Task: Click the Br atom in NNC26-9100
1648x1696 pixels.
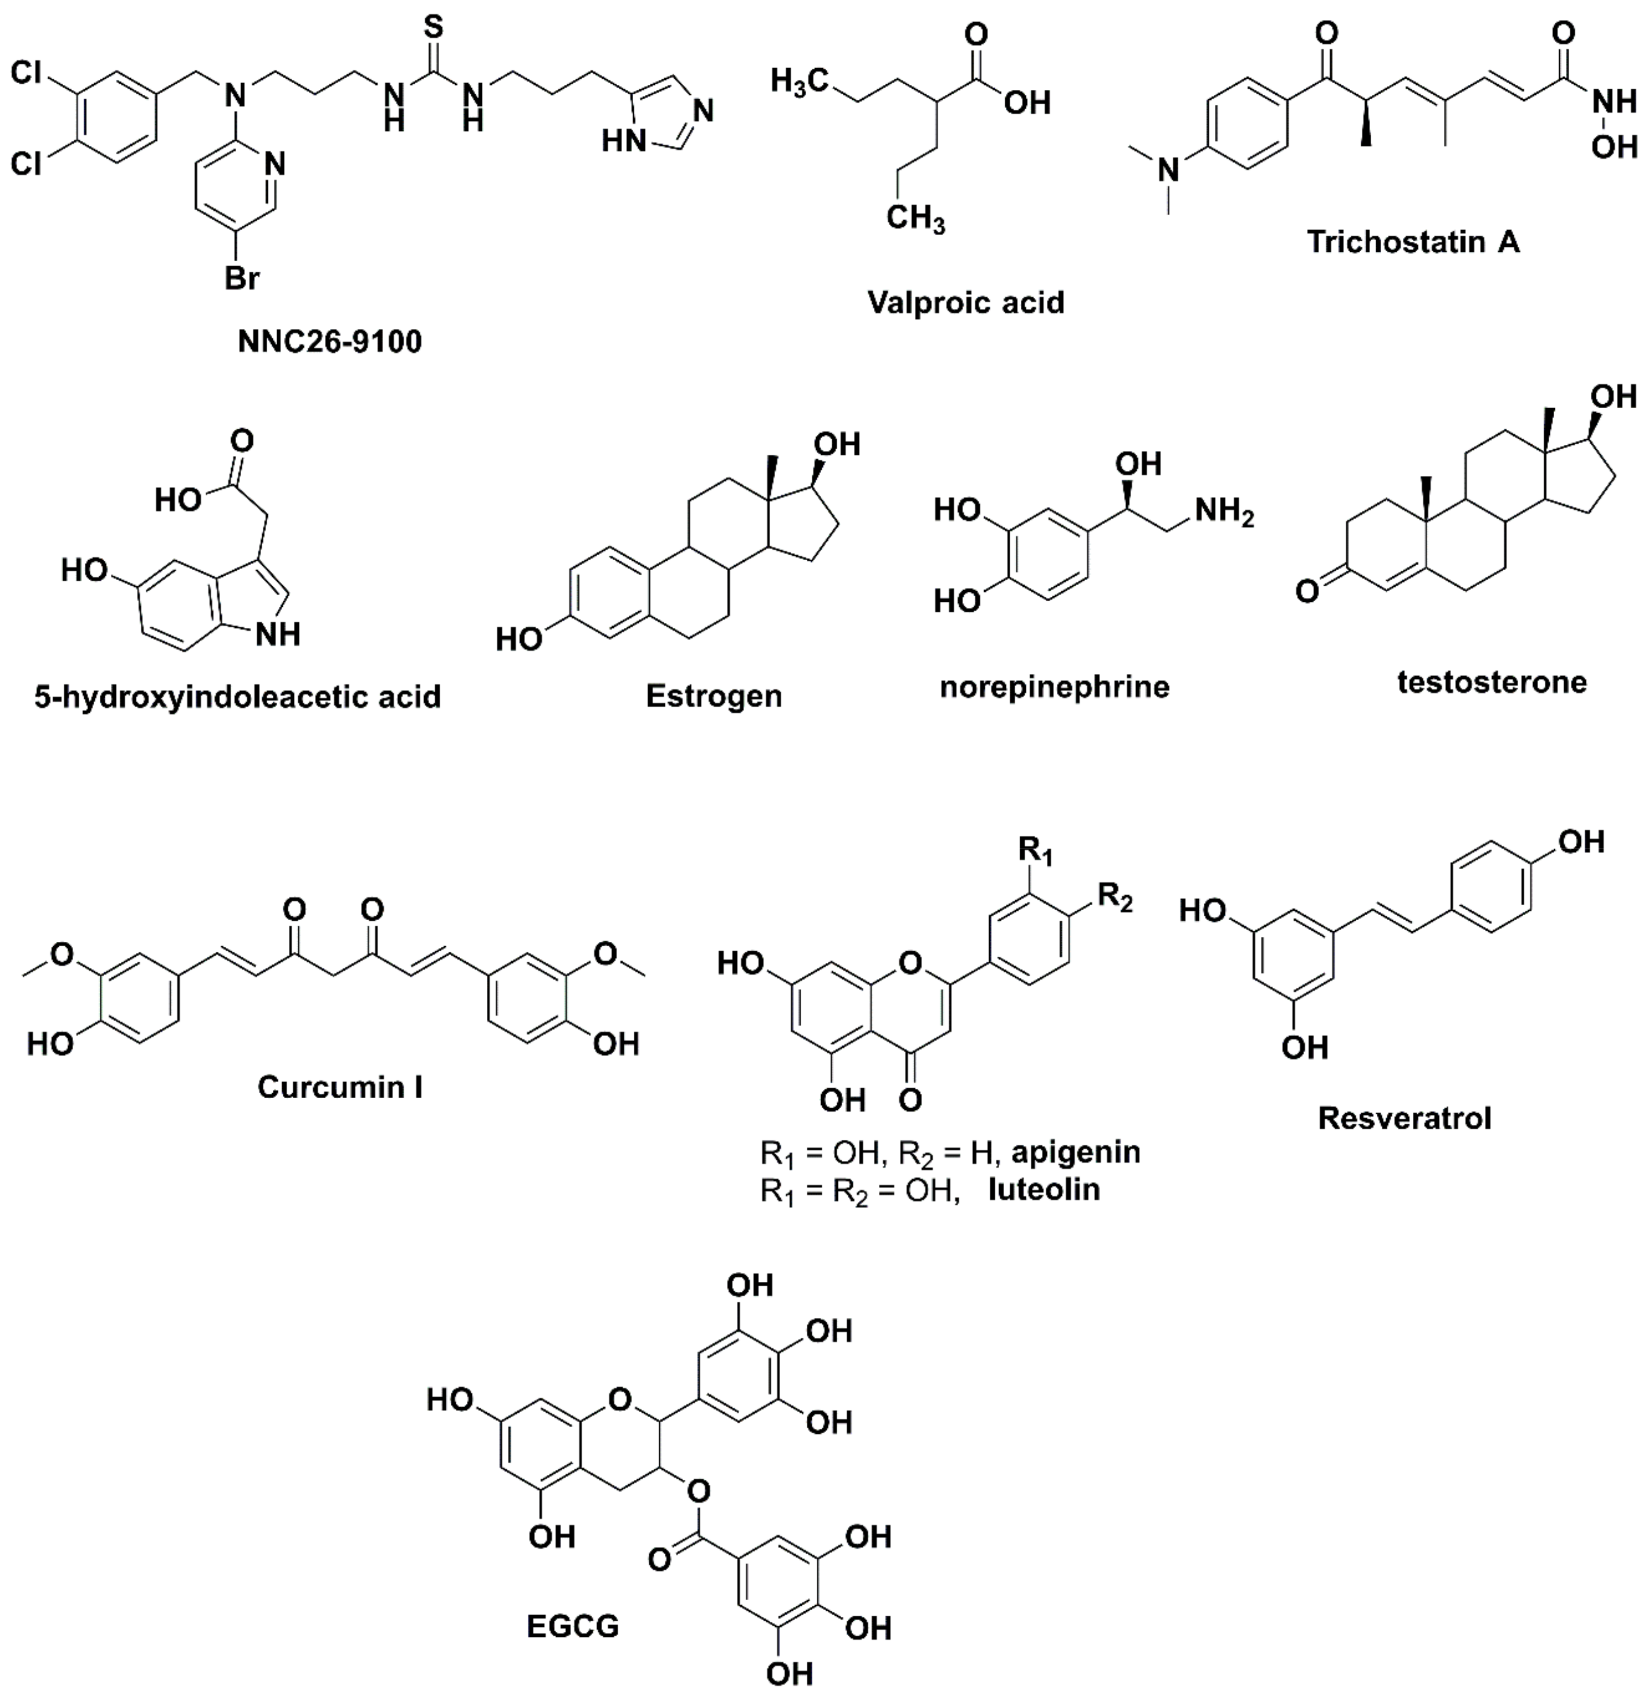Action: [x=242, y=279]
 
